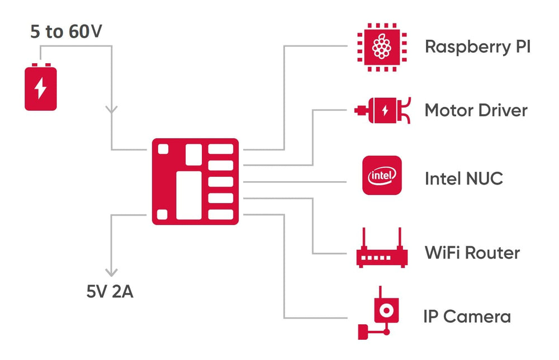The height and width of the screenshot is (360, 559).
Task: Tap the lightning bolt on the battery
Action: click(40, 88)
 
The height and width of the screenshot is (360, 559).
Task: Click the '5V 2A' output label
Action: click(110, 292)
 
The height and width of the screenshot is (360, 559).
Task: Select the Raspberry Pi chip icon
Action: click(382, 47)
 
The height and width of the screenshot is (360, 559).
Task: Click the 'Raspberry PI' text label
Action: click(477, 46)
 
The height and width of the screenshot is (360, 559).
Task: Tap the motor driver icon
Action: click(382, 111)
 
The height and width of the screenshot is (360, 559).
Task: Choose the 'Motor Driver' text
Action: click(476, 110)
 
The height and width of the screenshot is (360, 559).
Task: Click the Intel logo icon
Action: click(382, 176)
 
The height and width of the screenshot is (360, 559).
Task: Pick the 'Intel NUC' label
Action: click(463, 179)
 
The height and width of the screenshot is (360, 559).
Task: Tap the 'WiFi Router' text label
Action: click(472, 253)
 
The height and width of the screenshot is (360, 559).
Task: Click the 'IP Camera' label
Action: click(467, 317)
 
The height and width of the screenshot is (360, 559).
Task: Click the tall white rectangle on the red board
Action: click(189, 195)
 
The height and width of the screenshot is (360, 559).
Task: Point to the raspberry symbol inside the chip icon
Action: click(382, 47)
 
